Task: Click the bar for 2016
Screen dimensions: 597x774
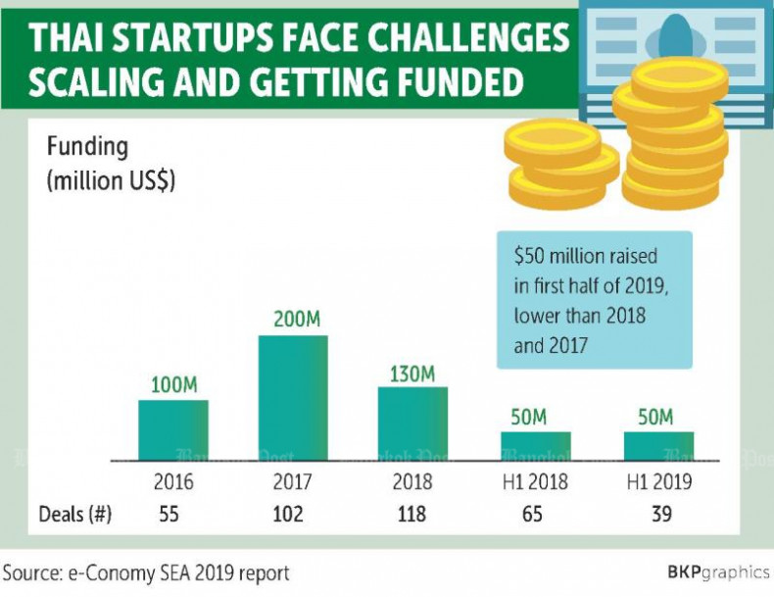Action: point(172,429)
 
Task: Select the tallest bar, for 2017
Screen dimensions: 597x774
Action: point(293,397)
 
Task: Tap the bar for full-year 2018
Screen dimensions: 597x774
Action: point(412,423)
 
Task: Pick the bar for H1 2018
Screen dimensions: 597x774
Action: point(535,445)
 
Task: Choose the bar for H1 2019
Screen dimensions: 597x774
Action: point(657,445)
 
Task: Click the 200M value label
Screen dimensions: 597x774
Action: point(293,321)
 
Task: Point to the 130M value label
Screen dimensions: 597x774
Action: point(413,373)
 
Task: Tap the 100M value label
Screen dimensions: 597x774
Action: point(172,385)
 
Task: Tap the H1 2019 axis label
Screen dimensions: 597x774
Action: point(657,482)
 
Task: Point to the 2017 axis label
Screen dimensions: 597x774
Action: point(293,482)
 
